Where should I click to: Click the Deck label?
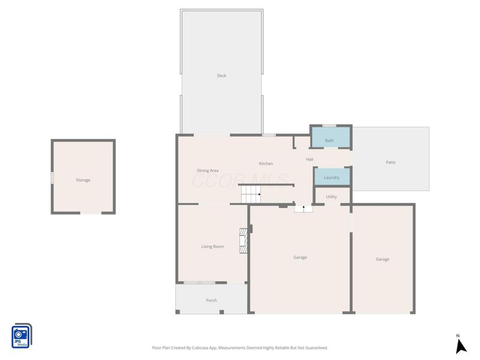(x=221, y=76)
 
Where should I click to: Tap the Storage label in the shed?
(x=83, y=180)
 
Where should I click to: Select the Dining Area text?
(x=208, y=170)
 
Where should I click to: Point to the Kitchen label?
(x=266, y=164)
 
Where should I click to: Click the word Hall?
(x=310, y=159)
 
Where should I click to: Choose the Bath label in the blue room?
(x=329, y=140)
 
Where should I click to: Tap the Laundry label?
(x=331, y=178)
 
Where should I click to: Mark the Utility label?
(x=331, y=196)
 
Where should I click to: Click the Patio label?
(x=391, y=162)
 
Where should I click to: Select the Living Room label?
(x=212, y=246)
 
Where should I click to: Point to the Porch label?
(x=211, y=300)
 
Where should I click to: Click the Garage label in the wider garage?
(x=300, y=257)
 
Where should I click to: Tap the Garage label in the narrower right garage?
(x=382, y=259)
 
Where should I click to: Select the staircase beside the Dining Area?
(x=251, y=194)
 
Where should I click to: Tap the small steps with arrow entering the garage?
(x=304, y=209)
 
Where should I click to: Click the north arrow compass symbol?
(x=460, y=345)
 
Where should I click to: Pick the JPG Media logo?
(x=22, y=335)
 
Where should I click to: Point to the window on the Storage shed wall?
(x=52, y=178)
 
